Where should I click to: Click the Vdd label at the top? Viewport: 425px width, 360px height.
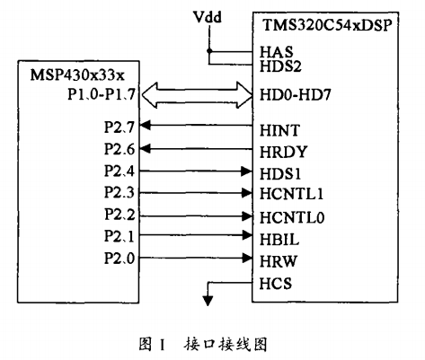click(208, 17)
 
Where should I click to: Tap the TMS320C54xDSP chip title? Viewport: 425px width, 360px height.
click(327, 25)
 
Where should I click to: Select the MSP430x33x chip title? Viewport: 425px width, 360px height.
click(77, 75)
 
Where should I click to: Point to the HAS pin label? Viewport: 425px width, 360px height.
click(276, 52)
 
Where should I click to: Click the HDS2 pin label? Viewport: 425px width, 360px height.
click(280, 66)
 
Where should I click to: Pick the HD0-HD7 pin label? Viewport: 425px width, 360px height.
click(295, 95)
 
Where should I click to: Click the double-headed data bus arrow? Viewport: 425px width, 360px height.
click(197, 95)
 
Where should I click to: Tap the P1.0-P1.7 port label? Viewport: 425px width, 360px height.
click(102, 94)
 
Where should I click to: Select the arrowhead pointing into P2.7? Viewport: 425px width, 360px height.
click(146, 125)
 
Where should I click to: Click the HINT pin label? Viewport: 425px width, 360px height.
click(279, 130)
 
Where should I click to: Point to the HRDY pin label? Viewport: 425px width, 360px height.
click(283, 152)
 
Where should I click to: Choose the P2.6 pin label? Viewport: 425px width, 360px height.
click(120, 149)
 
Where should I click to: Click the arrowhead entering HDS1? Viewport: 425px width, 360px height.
click(247, 171)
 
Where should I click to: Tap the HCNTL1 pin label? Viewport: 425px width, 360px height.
click(291, 194)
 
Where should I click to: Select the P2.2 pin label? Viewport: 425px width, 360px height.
click(120, 215)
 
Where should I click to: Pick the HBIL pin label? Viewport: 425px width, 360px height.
click(279, 240)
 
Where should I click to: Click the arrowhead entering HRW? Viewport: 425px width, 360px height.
click(247, 258)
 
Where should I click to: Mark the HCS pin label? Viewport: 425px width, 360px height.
click(275, 284)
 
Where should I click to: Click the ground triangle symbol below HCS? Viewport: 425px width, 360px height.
click(208, 300)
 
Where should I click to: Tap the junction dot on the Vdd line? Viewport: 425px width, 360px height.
click(209, 51)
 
